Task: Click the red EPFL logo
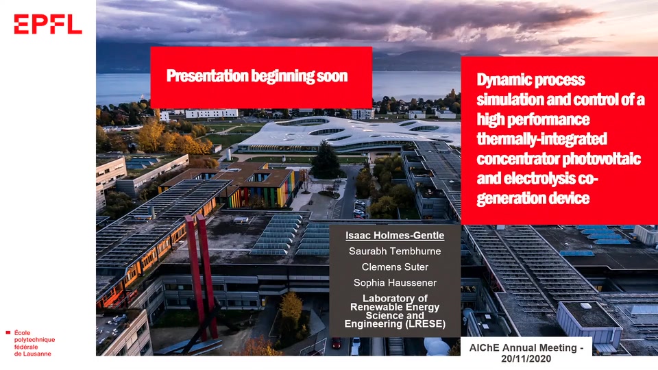click(x=48, y=24)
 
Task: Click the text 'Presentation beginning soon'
click(x=257, y=76)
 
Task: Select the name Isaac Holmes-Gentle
click(x=395, y=235)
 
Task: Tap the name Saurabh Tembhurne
click(x=395, y=251)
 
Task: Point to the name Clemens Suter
click(x=395, y=267)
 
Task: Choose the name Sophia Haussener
click(x=395, y=283)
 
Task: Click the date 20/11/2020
click(x=526, y=358)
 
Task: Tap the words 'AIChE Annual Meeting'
click(x=523, y=348)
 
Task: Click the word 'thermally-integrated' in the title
click(x=541, y=139)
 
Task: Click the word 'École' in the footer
click(x=22, y=333)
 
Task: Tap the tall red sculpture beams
click(x=202, y=277)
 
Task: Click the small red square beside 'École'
click(x=8, y=333)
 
